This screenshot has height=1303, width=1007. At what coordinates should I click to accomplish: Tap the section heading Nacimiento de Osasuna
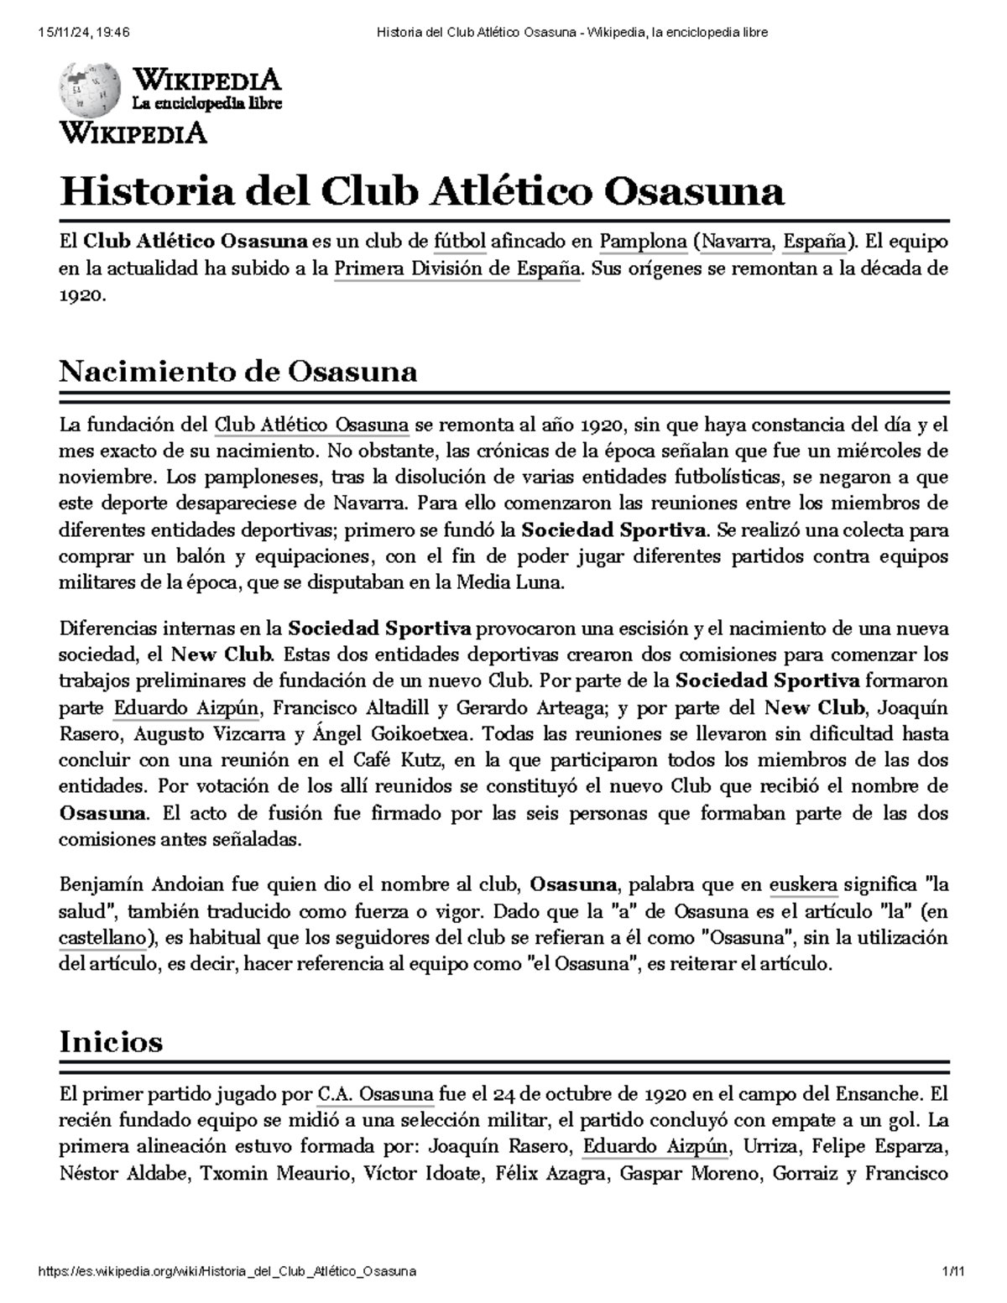(x=237, y=372)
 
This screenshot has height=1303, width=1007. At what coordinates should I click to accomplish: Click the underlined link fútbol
(x=460, y=242)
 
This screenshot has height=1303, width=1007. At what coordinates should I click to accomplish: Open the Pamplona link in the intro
(x=643, y=242)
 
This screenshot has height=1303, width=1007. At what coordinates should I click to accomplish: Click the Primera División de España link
(x=457, y=269)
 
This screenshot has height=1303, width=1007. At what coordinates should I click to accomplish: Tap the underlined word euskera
(x=803, y=884)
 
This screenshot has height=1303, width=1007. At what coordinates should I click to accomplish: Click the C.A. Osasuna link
(x=376, y=1094)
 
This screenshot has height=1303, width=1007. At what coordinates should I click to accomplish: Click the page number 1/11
(x=954, y=1272)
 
